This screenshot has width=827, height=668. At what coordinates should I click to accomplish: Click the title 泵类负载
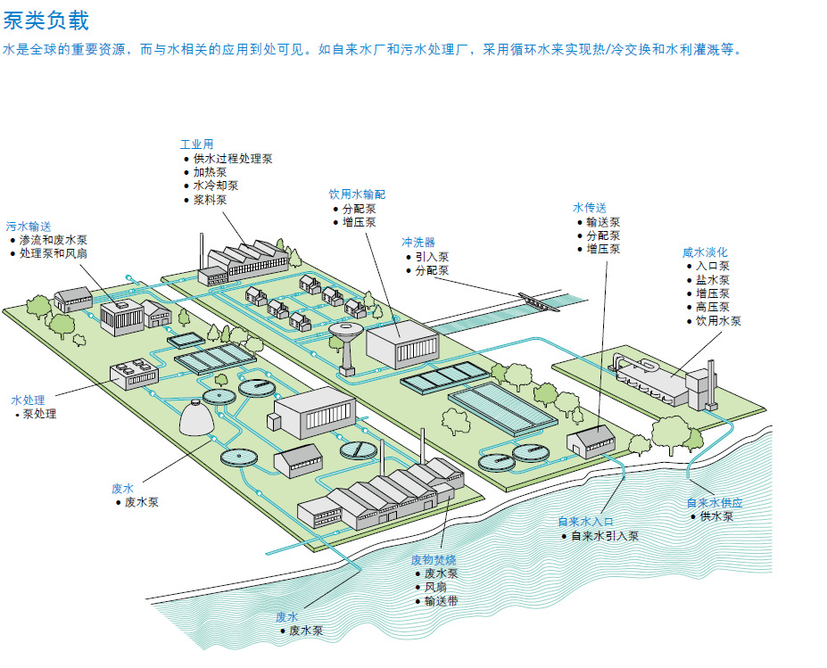pyautogui.click(x=45, y=19)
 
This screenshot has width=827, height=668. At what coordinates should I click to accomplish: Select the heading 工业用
pyautogui.click(x=196, y=144)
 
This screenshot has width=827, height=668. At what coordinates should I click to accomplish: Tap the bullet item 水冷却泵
pyautogui.click(x=216, y=186)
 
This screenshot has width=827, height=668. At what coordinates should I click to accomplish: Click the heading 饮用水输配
pyautogui.click(x=357, y=194)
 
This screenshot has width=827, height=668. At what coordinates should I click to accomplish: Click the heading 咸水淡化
pyautogui.click(x=705, y=252)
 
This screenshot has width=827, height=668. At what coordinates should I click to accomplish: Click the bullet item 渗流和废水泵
pyautogui.click(x=54, y=240)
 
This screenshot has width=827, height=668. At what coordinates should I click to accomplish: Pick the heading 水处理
pyautogui.click(x=28, y=400)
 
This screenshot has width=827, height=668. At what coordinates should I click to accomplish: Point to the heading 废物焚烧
pyautogui.click(x=434, y=560)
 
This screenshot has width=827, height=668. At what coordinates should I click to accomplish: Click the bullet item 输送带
pyautogui.click(x=442, y=601)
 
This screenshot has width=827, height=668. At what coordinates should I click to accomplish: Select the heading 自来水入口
pyautogui.click(x=586, y=523)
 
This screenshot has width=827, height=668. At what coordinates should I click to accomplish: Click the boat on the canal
pyautogui.click(x=538, y=301)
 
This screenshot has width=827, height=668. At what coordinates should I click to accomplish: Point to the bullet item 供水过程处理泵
pyautogui.click(x=233, y=159)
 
